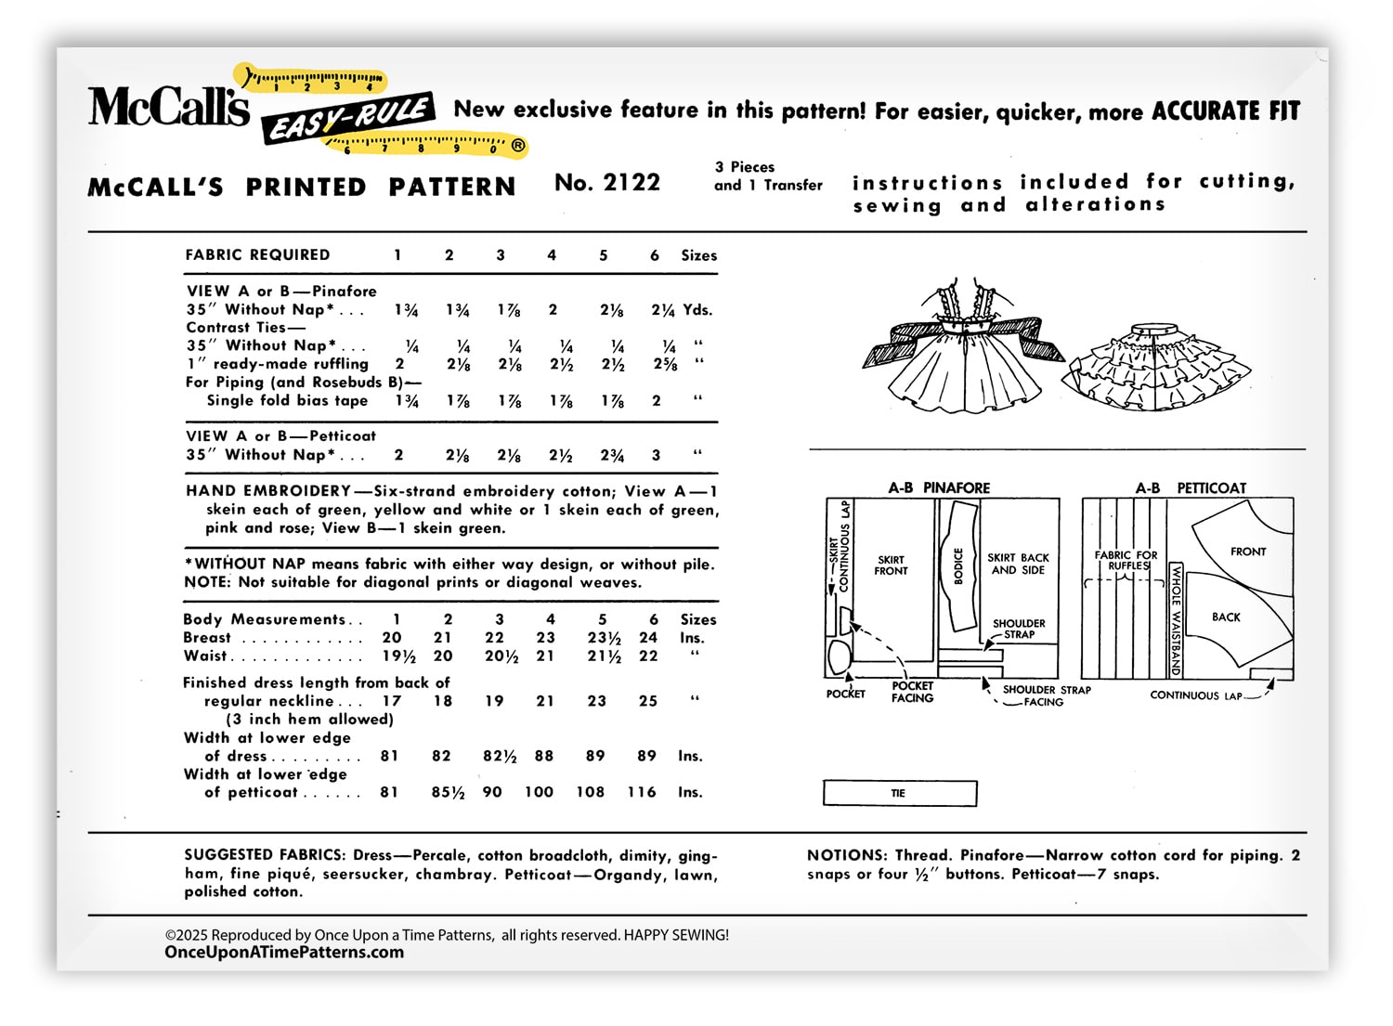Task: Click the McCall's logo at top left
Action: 168,107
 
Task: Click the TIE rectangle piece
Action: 899,793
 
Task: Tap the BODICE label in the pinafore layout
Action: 958,565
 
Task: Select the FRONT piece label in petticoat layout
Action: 1247,552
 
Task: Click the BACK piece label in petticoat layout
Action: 1226,617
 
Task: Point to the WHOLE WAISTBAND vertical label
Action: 1176,619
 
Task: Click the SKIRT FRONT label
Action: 891,565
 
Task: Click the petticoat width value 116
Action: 641,792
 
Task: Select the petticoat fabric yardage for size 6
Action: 656,455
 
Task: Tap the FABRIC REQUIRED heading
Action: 257,254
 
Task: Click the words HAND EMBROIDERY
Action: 268,491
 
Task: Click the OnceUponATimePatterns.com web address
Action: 284,952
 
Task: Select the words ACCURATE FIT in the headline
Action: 1225,110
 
